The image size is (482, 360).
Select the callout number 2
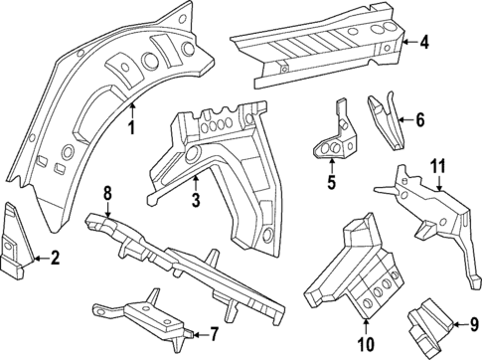[55, 260]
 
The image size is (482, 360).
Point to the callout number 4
[424, 42]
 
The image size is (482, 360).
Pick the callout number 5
[331, 182]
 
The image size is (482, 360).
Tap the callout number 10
[364, 344]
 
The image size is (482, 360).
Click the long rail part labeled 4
[318, 45]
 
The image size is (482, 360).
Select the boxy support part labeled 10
[358, 273]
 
